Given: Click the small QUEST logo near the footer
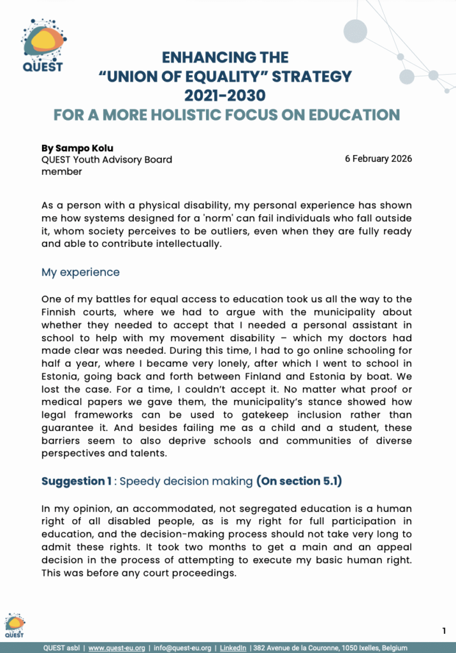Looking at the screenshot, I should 15,625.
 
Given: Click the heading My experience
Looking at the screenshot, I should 80,272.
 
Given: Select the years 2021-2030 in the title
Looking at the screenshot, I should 225,96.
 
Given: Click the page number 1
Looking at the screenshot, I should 444,631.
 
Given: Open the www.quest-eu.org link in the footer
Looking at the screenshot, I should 115,647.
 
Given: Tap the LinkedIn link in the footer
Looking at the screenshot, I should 233,647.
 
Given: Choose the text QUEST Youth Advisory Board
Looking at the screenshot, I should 107,159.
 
